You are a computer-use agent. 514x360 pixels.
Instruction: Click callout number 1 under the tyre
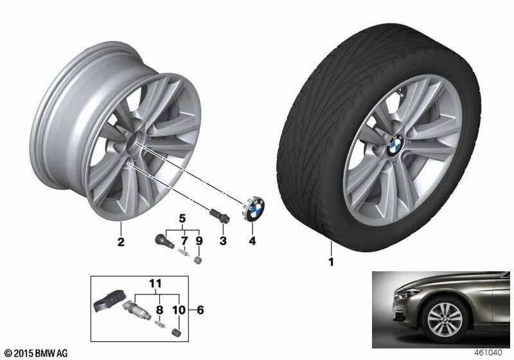point(331,262)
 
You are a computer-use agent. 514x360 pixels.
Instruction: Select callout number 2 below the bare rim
point(121,242)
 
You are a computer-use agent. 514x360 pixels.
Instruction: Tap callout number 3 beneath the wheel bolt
point(223,241)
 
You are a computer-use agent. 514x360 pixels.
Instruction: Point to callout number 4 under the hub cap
point(252,241)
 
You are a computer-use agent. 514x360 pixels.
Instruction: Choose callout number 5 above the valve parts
point(182,219)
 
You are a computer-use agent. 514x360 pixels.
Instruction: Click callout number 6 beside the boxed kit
point(200,310)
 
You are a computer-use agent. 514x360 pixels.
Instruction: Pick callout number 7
point(184,241)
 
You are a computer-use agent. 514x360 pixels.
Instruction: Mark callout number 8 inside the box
point(159,310)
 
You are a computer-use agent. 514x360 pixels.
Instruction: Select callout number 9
point(199,241)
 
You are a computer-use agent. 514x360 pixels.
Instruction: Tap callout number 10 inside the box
point(179,310)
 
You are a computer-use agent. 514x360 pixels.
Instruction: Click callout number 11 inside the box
point(155,283)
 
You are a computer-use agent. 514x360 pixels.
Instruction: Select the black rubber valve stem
point(164,241)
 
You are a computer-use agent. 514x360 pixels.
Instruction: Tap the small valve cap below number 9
point(198,260)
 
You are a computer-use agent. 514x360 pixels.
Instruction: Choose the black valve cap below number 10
point(176,332)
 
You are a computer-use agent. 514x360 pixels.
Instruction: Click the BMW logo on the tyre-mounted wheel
point(395,145)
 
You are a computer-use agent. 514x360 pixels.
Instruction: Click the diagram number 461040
point(488,353)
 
